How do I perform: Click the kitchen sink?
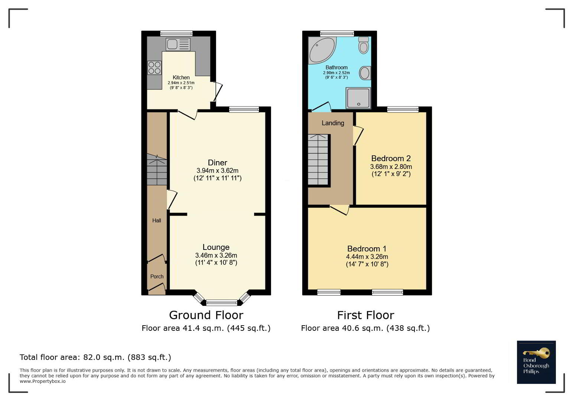point(178,44)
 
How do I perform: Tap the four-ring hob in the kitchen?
point(154,68)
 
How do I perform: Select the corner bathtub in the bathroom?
point(322,50)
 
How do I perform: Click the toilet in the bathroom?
point(364,45)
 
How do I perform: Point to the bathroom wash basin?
point(365,73)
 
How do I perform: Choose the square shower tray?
point(358,98)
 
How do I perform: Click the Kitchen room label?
point(181,77)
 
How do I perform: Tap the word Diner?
point(218,163)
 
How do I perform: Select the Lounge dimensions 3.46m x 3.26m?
point(216,255)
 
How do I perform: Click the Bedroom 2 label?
point(391,158)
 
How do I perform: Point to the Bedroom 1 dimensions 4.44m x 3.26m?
point(367,257)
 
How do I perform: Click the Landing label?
point(333,123)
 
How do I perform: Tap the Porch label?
point(157,277)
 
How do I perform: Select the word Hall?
point(157,221)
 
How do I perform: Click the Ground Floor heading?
point(206,315)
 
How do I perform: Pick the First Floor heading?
point(365,315)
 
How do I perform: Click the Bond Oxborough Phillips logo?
point(536,362)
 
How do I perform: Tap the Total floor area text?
point(95,357)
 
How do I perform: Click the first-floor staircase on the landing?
point(318,160)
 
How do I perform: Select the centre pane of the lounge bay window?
point(222,303)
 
